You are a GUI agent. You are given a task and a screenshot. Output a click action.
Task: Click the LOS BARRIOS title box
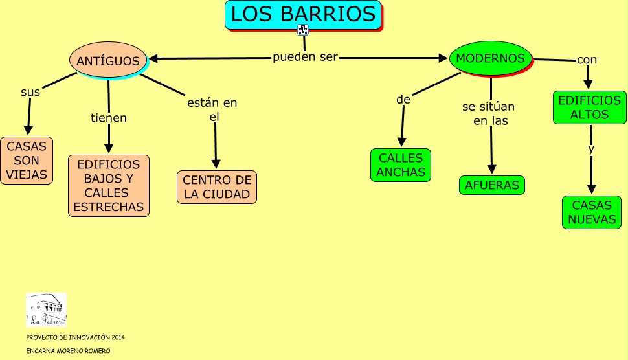[303, 14]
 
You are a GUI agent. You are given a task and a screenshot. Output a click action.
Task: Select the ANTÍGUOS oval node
[108, 60]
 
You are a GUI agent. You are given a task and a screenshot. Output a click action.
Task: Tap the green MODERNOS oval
[490, 58]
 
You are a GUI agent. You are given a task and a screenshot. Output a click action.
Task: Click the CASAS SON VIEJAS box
[27, 161]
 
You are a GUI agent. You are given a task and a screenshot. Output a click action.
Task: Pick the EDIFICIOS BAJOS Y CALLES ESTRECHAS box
[109, 185]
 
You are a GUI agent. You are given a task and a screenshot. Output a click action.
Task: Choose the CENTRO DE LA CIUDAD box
[216, 187]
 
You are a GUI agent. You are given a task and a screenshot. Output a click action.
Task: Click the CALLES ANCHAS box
[401, 165]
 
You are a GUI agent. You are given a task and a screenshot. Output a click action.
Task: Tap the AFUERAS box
[492, 185]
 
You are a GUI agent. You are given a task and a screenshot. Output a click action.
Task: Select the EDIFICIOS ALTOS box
[589, 107]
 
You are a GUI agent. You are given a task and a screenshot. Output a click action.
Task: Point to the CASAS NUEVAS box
[592, 212]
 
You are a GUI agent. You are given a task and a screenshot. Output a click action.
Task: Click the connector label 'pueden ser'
[306, 57]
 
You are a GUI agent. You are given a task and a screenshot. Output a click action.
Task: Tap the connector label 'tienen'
[109, 118]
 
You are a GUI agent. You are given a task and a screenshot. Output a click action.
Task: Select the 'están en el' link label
[213, 109]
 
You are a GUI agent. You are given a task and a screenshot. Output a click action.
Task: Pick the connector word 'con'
[587, 60]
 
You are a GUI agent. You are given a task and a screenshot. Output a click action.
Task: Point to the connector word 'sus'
[30, 92]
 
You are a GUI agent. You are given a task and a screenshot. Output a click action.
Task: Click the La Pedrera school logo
[46, 309]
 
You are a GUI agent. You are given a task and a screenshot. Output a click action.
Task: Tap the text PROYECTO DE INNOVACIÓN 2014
[75, 337]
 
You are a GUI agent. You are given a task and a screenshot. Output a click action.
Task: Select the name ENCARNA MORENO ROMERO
[68, 351]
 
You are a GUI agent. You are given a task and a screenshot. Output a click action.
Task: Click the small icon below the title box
[302, 30]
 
